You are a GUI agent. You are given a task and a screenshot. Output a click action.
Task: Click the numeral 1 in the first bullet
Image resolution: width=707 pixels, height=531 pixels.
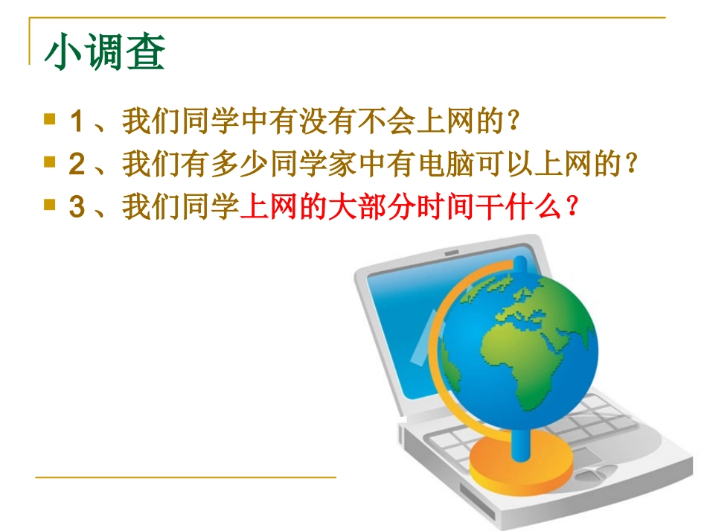(76, 121)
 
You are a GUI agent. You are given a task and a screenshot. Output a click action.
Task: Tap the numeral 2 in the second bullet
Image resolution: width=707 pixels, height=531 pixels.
(76, 165)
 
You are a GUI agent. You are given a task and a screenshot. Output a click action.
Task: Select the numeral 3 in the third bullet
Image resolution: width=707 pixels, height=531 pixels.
(76, 208)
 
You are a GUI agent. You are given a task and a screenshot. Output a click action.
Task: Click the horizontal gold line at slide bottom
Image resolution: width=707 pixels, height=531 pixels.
(186, 477)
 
